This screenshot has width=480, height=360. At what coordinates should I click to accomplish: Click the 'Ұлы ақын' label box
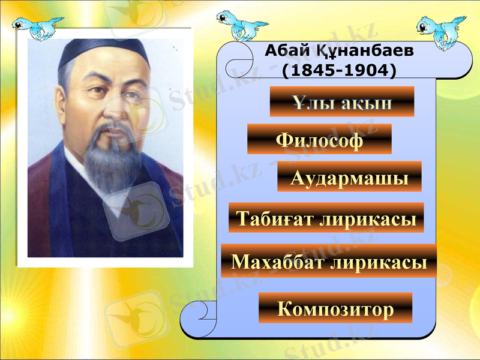tap(342, 102)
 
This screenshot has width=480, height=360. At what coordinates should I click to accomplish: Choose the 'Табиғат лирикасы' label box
tap(326, 218)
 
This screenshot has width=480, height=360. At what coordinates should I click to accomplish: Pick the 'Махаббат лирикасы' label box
tap(329, 261)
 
